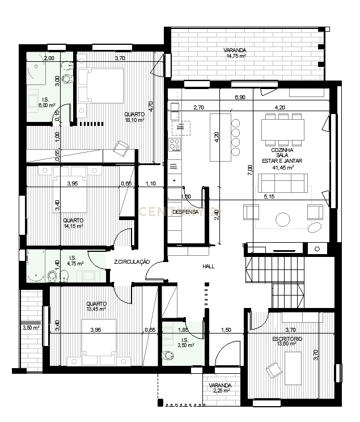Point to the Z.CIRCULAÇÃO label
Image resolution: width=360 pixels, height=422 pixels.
click(x=131, y=262)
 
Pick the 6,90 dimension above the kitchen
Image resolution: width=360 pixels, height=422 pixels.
click(x=240, y=98)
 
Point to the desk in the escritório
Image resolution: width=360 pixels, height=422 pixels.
click(x=294, y=365)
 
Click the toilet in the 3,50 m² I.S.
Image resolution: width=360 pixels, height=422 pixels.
click(x=168, y=355)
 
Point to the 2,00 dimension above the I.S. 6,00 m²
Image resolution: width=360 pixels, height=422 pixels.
click(x=49, y=58)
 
